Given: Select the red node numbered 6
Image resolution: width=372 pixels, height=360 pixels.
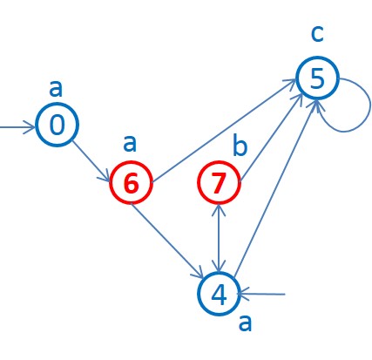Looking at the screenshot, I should [132, 183].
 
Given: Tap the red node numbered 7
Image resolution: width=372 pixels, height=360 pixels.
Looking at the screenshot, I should [219, 183].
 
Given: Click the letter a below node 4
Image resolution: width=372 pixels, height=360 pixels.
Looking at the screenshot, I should [246, 324].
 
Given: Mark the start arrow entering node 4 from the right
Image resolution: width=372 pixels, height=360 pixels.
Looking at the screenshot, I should [266, 294].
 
